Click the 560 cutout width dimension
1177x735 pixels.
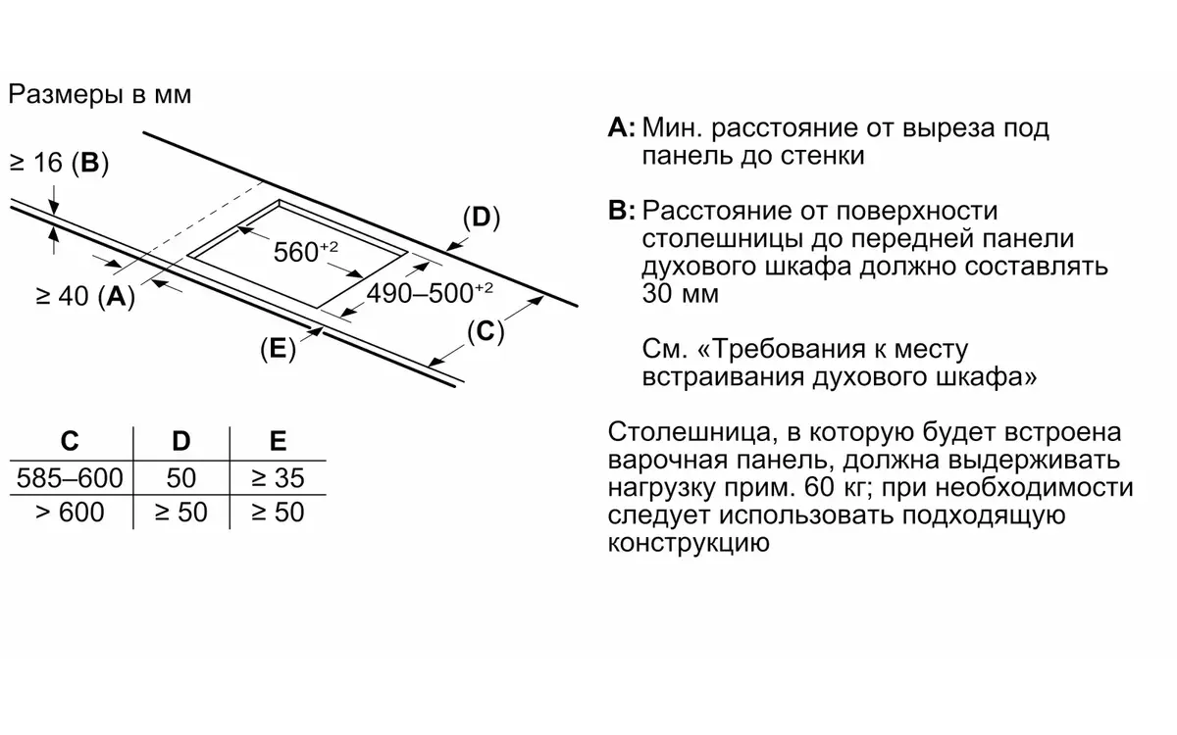click(306, 252)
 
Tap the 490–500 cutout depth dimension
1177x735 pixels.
click(430, 293)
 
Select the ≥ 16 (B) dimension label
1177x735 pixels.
click(59, 163)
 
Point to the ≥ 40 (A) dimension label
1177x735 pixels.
click(85, 296)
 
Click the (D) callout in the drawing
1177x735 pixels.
click(482, 218)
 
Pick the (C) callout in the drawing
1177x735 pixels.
click(486, 332)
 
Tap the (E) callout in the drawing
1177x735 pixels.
click(278, 349)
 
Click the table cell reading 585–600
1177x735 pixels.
click(70, 478)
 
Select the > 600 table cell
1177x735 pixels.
click(70, 512)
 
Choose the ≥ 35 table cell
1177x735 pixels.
click(278, 478)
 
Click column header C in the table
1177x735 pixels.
click(70, 441)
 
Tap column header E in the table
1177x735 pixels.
click(278, 441)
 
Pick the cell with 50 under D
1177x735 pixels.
click(181, 478)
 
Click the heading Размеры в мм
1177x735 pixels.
click(100, 94)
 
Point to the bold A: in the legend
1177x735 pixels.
click(622, 127)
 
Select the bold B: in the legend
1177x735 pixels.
click(622, 211)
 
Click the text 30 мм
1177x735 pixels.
click(681, 293)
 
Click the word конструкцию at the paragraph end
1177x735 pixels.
click(689, 543)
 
